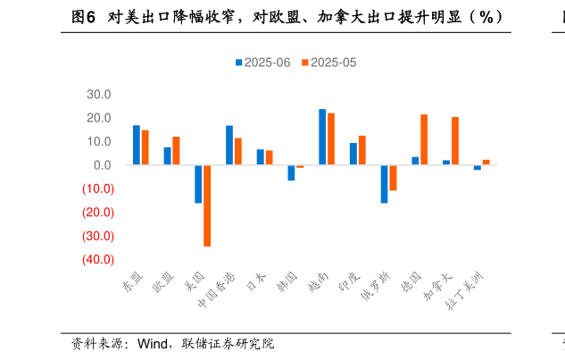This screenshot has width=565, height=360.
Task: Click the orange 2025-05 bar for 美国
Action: (x=207, y=205)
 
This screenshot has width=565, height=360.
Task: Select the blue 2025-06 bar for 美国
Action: (x=198, y=184)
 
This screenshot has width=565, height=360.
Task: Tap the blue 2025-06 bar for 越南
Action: (x=322, y=138)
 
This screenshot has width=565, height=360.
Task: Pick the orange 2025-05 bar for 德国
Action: (x=424, y=139)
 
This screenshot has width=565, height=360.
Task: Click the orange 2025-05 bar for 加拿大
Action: (x=455, y=141)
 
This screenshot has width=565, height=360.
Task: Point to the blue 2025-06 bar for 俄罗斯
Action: (x=384, y=184)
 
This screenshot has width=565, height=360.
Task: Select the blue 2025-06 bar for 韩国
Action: (x=291, y=173)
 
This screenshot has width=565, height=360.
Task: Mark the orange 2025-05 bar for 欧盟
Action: (x=176, y=151)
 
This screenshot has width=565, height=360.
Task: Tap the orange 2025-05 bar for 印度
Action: (x=362, y=150)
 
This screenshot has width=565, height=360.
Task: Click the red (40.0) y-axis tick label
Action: (x=98, y=260)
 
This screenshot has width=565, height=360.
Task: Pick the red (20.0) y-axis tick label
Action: (x=98, y=213)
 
